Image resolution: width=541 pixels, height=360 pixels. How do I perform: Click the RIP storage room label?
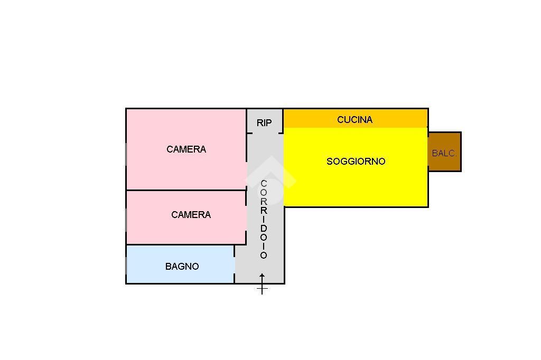pos(264,123)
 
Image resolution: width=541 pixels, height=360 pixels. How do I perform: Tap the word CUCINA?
pos(355,120)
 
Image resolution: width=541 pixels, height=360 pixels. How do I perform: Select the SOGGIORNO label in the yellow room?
pos(356,162)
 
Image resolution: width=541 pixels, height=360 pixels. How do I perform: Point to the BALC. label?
pos(444,153)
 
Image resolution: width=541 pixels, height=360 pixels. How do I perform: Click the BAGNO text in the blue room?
pos(182,267)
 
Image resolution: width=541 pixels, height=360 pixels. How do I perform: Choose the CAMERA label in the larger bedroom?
pos(186,149)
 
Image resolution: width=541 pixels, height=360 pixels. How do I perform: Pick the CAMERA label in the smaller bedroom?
pos(191,215)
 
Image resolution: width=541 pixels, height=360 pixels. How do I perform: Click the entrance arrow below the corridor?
pos(262,284)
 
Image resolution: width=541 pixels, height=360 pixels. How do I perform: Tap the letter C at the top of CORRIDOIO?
pos(264,184)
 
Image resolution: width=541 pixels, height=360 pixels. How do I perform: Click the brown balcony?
pos(445,151)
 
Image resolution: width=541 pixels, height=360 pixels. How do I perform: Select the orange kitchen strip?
pos(356,119)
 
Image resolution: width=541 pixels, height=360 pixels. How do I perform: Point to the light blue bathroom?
pos(181,264)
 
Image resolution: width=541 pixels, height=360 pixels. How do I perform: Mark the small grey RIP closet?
pos(265,121)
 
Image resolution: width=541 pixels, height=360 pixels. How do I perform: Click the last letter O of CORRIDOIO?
pos(264,255)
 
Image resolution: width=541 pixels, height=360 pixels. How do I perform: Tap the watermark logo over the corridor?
pos(270,179)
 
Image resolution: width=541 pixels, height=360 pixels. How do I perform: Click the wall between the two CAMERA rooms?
pos(186,190)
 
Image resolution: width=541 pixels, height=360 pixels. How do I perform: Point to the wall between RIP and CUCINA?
pos(283,121)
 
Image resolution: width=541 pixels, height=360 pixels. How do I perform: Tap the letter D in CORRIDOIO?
pos(264,228)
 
